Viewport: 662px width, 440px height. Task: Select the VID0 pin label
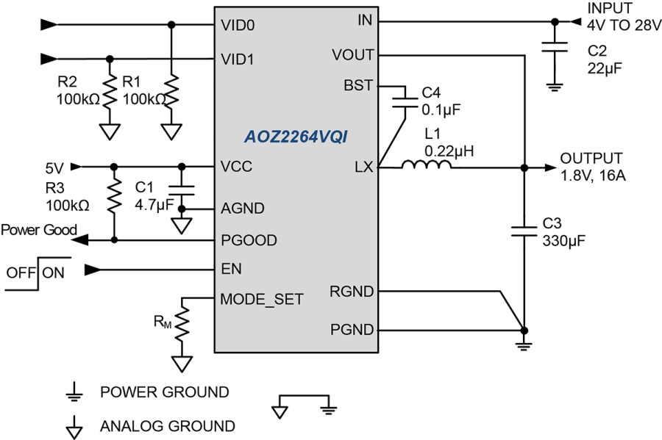[238, 25]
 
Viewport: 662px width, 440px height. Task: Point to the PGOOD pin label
[249, 240]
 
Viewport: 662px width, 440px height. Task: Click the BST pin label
[358, 85]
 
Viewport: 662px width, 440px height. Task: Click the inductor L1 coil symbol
[426, 167]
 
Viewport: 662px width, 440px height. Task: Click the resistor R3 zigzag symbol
[114, 196]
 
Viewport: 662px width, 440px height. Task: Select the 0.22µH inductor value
[449, 151]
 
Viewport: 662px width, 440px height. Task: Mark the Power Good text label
[38, 230]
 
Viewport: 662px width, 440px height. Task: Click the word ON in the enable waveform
[53, 273]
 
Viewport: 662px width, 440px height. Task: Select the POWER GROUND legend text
[164, 392]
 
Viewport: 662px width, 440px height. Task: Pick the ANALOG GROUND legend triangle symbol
[73, 425]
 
